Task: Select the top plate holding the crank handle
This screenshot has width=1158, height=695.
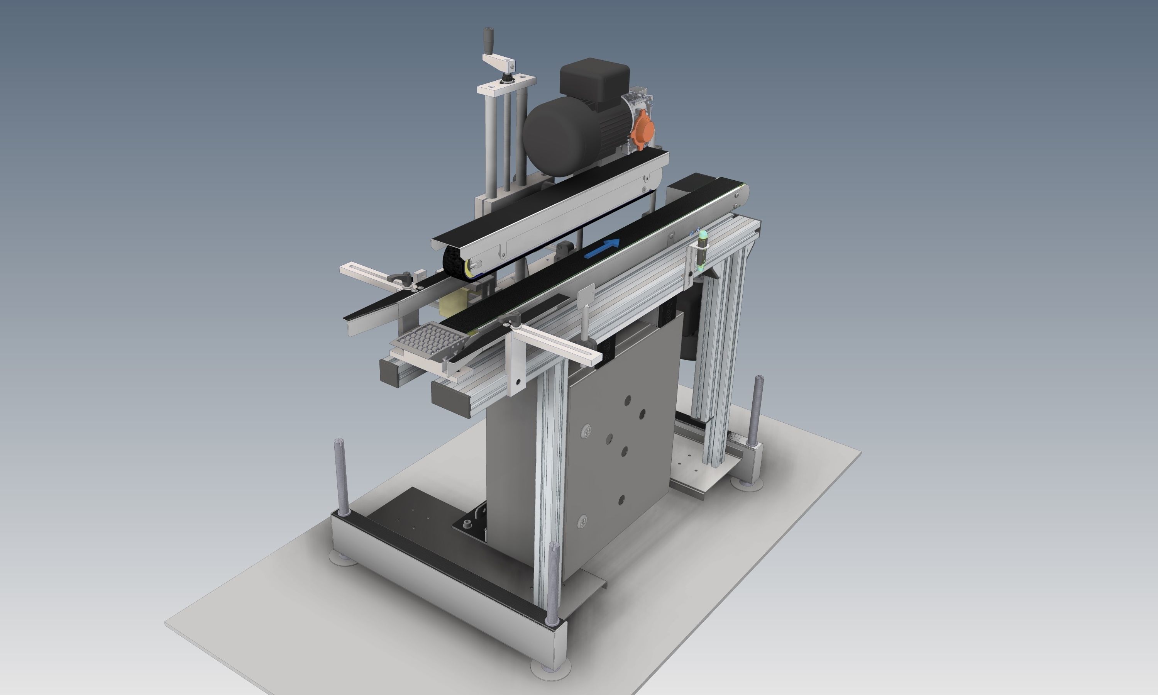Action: click(506, 84)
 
